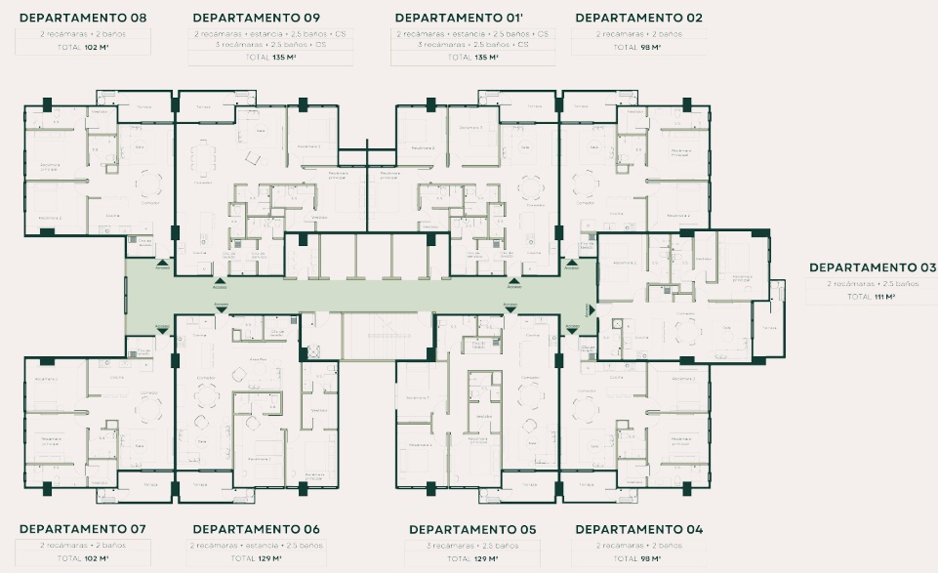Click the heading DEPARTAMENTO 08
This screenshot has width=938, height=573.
83,18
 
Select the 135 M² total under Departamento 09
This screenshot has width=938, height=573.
259,58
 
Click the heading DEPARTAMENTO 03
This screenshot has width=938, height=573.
872,267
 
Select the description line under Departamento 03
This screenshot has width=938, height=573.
872,283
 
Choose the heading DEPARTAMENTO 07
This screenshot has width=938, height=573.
83,529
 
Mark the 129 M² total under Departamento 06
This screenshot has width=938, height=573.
259,558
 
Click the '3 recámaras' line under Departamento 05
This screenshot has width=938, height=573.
473,545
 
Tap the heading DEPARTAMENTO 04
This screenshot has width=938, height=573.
639,529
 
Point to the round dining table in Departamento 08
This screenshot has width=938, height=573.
148,182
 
